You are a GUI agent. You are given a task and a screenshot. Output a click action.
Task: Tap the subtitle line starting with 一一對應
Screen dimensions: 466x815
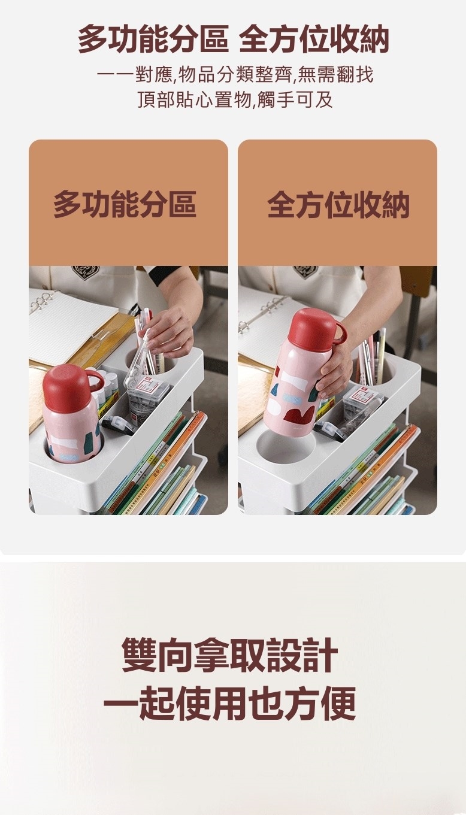click(235, 75)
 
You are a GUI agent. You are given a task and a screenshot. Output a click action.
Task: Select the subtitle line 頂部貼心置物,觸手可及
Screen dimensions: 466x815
click(235, 99)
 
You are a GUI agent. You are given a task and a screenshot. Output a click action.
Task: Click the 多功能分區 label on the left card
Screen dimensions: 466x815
click(125, 204)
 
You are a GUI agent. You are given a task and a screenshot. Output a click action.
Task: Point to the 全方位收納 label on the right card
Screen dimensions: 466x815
click(338, 204)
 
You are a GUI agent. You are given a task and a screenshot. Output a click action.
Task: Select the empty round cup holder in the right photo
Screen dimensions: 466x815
click(286, 448)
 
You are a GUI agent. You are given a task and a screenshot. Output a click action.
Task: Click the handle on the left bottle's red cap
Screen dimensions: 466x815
click(96, 380)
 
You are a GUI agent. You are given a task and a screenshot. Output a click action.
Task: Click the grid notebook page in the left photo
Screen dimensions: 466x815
click(69, 328)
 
